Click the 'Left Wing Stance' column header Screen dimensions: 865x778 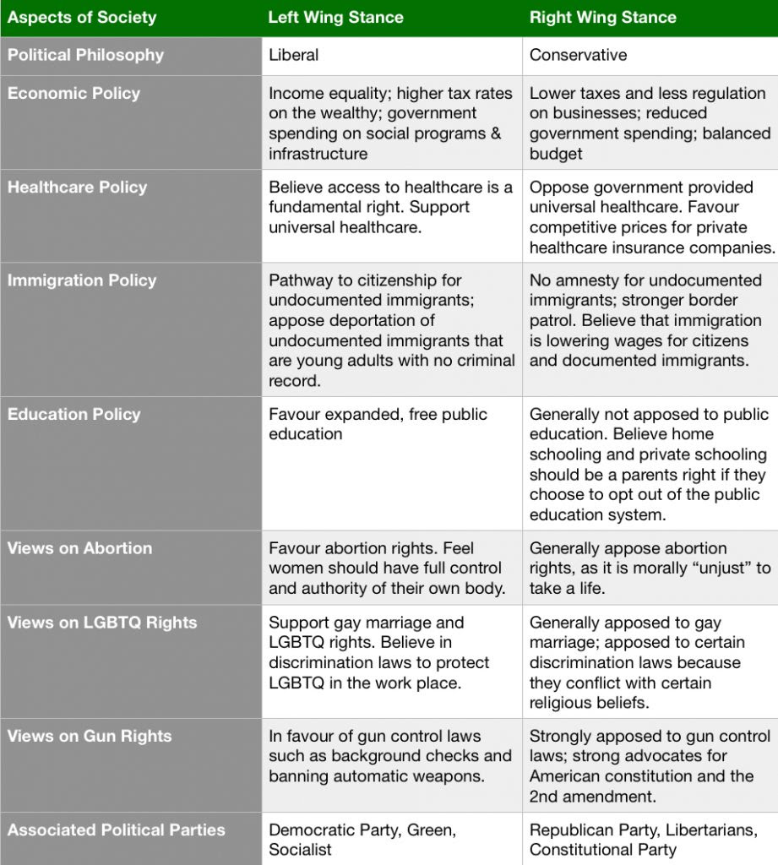(335, 17)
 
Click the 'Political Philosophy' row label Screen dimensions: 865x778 (85, 55)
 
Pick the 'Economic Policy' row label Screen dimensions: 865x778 (73, 93)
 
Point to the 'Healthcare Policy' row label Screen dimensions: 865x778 (77, 187)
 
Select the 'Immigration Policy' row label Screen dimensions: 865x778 (82, 280)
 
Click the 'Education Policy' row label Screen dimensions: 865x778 (74, 414)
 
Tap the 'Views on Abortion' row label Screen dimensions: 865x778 (80, 547)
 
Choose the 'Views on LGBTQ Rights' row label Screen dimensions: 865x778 (102, 623)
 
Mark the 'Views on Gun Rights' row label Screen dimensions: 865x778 (90, 736)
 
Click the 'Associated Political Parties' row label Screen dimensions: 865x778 (117, 830)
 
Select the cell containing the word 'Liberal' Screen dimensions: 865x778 (294, 55)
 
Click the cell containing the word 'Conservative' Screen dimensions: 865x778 (579, 55)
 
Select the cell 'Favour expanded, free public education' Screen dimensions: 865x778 (378, 424)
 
